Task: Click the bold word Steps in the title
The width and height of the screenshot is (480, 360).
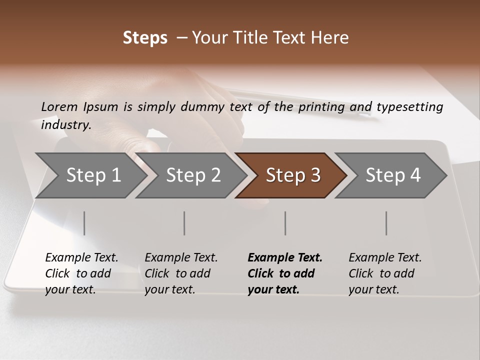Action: tap(145, 38)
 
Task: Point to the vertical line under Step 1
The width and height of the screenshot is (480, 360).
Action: tap(84, 223)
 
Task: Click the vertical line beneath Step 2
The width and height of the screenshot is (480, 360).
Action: tap(184, 223)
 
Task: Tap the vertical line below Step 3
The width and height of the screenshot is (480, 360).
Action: tap(285, 223)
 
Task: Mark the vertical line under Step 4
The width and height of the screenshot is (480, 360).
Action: tap(386, 223)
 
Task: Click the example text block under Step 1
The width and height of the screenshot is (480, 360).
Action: tap(81, 273)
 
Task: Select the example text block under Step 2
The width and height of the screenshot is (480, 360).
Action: tap(181, 273)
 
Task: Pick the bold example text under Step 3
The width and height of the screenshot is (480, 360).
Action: tap(284, 273)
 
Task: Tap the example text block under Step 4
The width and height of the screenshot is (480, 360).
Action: tap(385, 273)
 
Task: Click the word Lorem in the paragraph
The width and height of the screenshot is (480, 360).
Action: tap(59, 107)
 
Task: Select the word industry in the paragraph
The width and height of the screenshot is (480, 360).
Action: tap(65, 125)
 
